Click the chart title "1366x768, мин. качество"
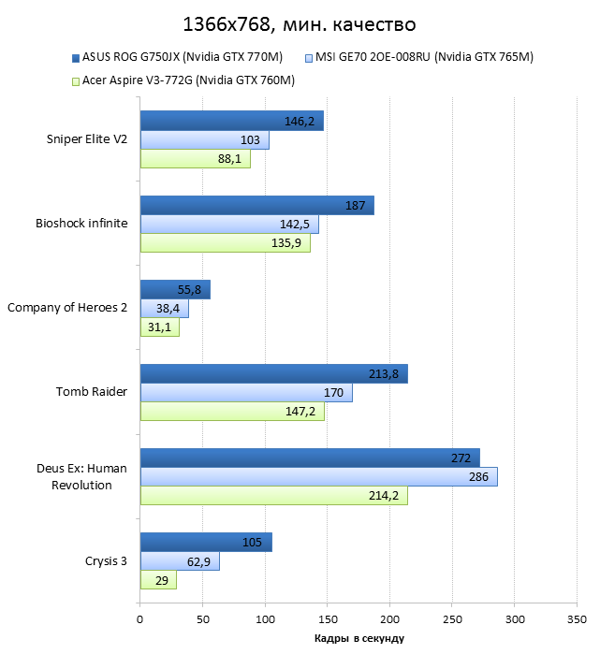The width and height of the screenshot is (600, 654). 300,23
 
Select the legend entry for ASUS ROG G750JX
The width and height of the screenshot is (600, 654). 178,58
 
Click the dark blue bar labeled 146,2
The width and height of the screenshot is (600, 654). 231,121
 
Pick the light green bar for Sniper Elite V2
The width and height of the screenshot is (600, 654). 195,159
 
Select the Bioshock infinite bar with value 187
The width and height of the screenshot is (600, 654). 256,206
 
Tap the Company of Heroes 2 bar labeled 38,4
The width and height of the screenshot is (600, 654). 164,309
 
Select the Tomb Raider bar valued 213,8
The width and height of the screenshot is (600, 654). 273,374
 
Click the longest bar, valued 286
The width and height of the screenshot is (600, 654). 318,477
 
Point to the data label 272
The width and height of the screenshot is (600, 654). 461,458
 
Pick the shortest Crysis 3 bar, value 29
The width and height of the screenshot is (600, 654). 158,580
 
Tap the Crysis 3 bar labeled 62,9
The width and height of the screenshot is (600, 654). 180,561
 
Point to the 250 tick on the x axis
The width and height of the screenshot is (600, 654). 452,618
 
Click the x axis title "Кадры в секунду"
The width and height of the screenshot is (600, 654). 359,638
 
